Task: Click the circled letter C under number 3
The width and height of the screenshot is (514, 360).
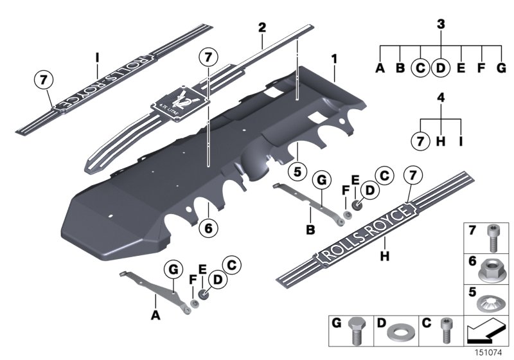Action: [x=420, y=67]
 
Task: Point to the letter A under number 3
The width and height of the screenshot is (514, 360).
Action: [x=379, y=67]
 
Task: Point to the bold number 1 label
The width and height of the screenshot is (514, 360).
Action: [x=334, y=59]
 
